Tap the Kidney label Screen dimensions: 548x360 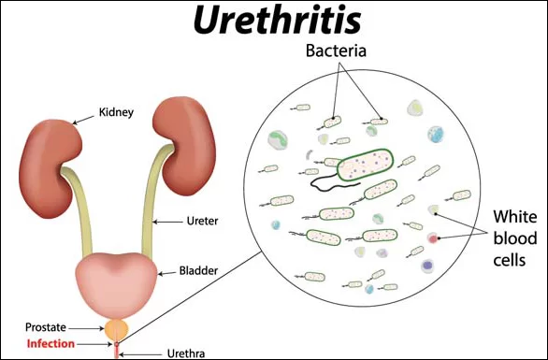point(117,113)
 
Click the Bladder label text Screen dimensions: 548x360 point(197,272)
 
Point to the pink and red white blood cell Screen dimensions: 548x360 point(433,239)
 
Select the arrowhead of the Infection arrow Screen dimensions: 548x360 point(109,343)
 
